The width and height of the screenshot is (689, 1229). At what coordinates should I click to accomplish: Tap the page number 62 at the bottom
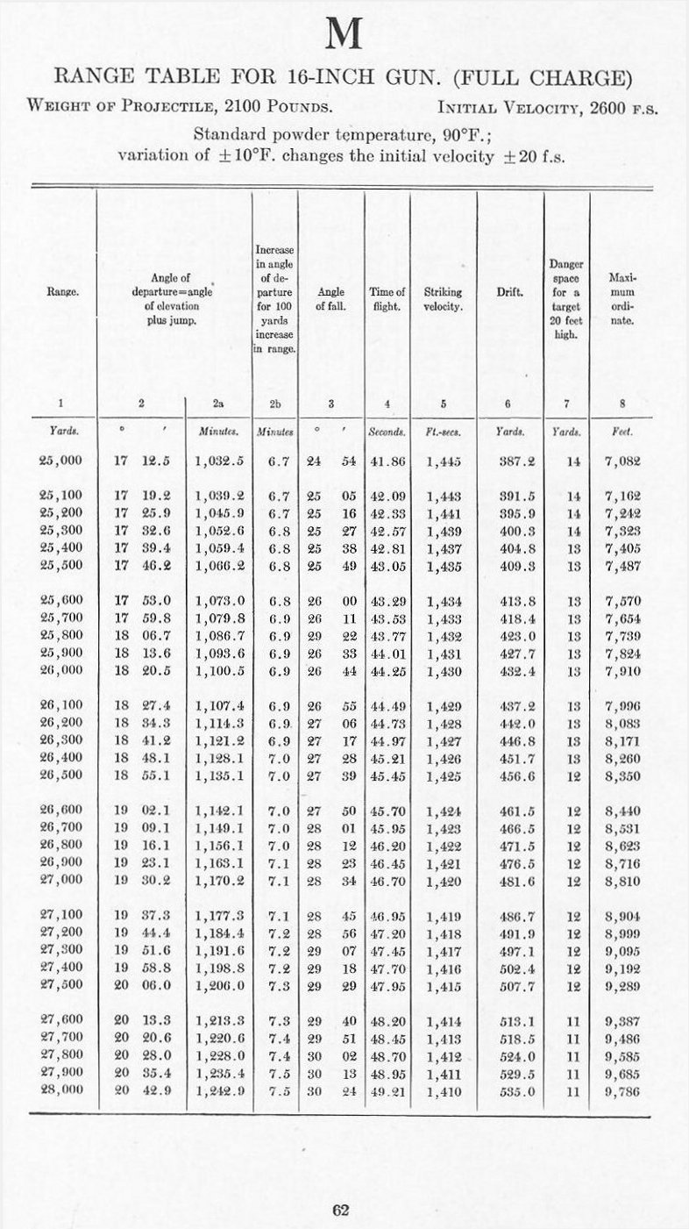[x=342, y=1211]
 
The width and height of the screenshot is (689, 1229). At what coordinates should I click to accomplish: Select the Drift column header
[x=509, y=292]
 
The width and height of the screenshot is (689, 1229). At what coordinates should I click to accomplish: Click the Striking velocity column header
[x=443, y=299]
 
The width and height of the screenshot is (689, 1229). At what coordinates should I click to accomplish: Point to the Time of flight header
[x=387, y=299]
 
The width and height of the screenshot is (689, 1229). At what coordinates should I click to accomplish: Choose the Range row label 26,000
[x=61, y=672]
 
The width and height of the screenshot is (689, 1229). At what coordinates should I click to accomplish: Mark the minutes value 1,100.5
[x=219, y=672]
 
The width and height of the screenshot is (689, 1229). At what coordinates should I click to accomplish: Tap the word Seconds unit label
[x=387, y=432]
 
